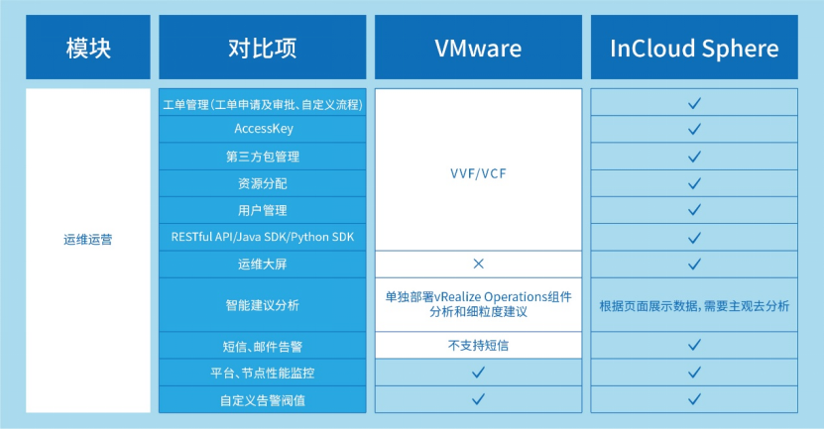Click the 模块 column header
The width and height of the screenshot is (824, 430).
point(87,47)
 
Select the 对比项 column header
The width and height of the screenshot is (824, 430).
point(262,47)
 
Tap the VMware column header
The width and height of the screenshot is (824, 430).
point(478,47)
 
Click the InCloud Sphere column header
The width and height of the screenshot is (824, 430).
point(694,47)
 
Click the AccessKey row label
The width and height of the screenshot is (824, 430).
point(263,129)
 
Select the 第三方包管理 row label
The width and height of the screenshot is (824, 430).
point(263,157)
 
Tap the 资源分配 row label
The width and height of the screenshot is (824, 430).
point(263,183)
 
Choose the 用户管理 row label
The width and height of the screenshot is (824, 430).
point(263,210)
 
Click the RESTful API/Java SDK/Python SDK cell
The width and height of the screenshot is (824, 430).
point(263,237)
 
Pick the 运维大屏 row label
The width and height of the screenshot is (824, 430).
point(263,264)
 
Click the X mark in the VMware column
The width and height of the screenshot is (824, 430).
point(478,264)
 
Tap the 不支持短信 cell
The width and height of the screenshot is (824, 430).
point(478,345)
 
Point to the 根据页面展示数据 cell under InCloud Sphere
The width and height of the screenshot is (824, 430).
point(694,305)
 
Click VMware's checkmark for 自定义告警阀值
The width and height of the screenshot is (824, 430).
point(478,399)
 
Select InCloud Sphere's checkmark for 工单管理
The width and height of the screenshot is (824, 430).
point(694,102)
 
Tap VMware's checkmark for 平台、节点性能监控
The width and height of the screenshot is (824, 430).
point(478,372)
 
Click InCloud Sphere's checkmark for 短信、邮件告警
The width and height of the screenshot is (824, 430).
point(694,345)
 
